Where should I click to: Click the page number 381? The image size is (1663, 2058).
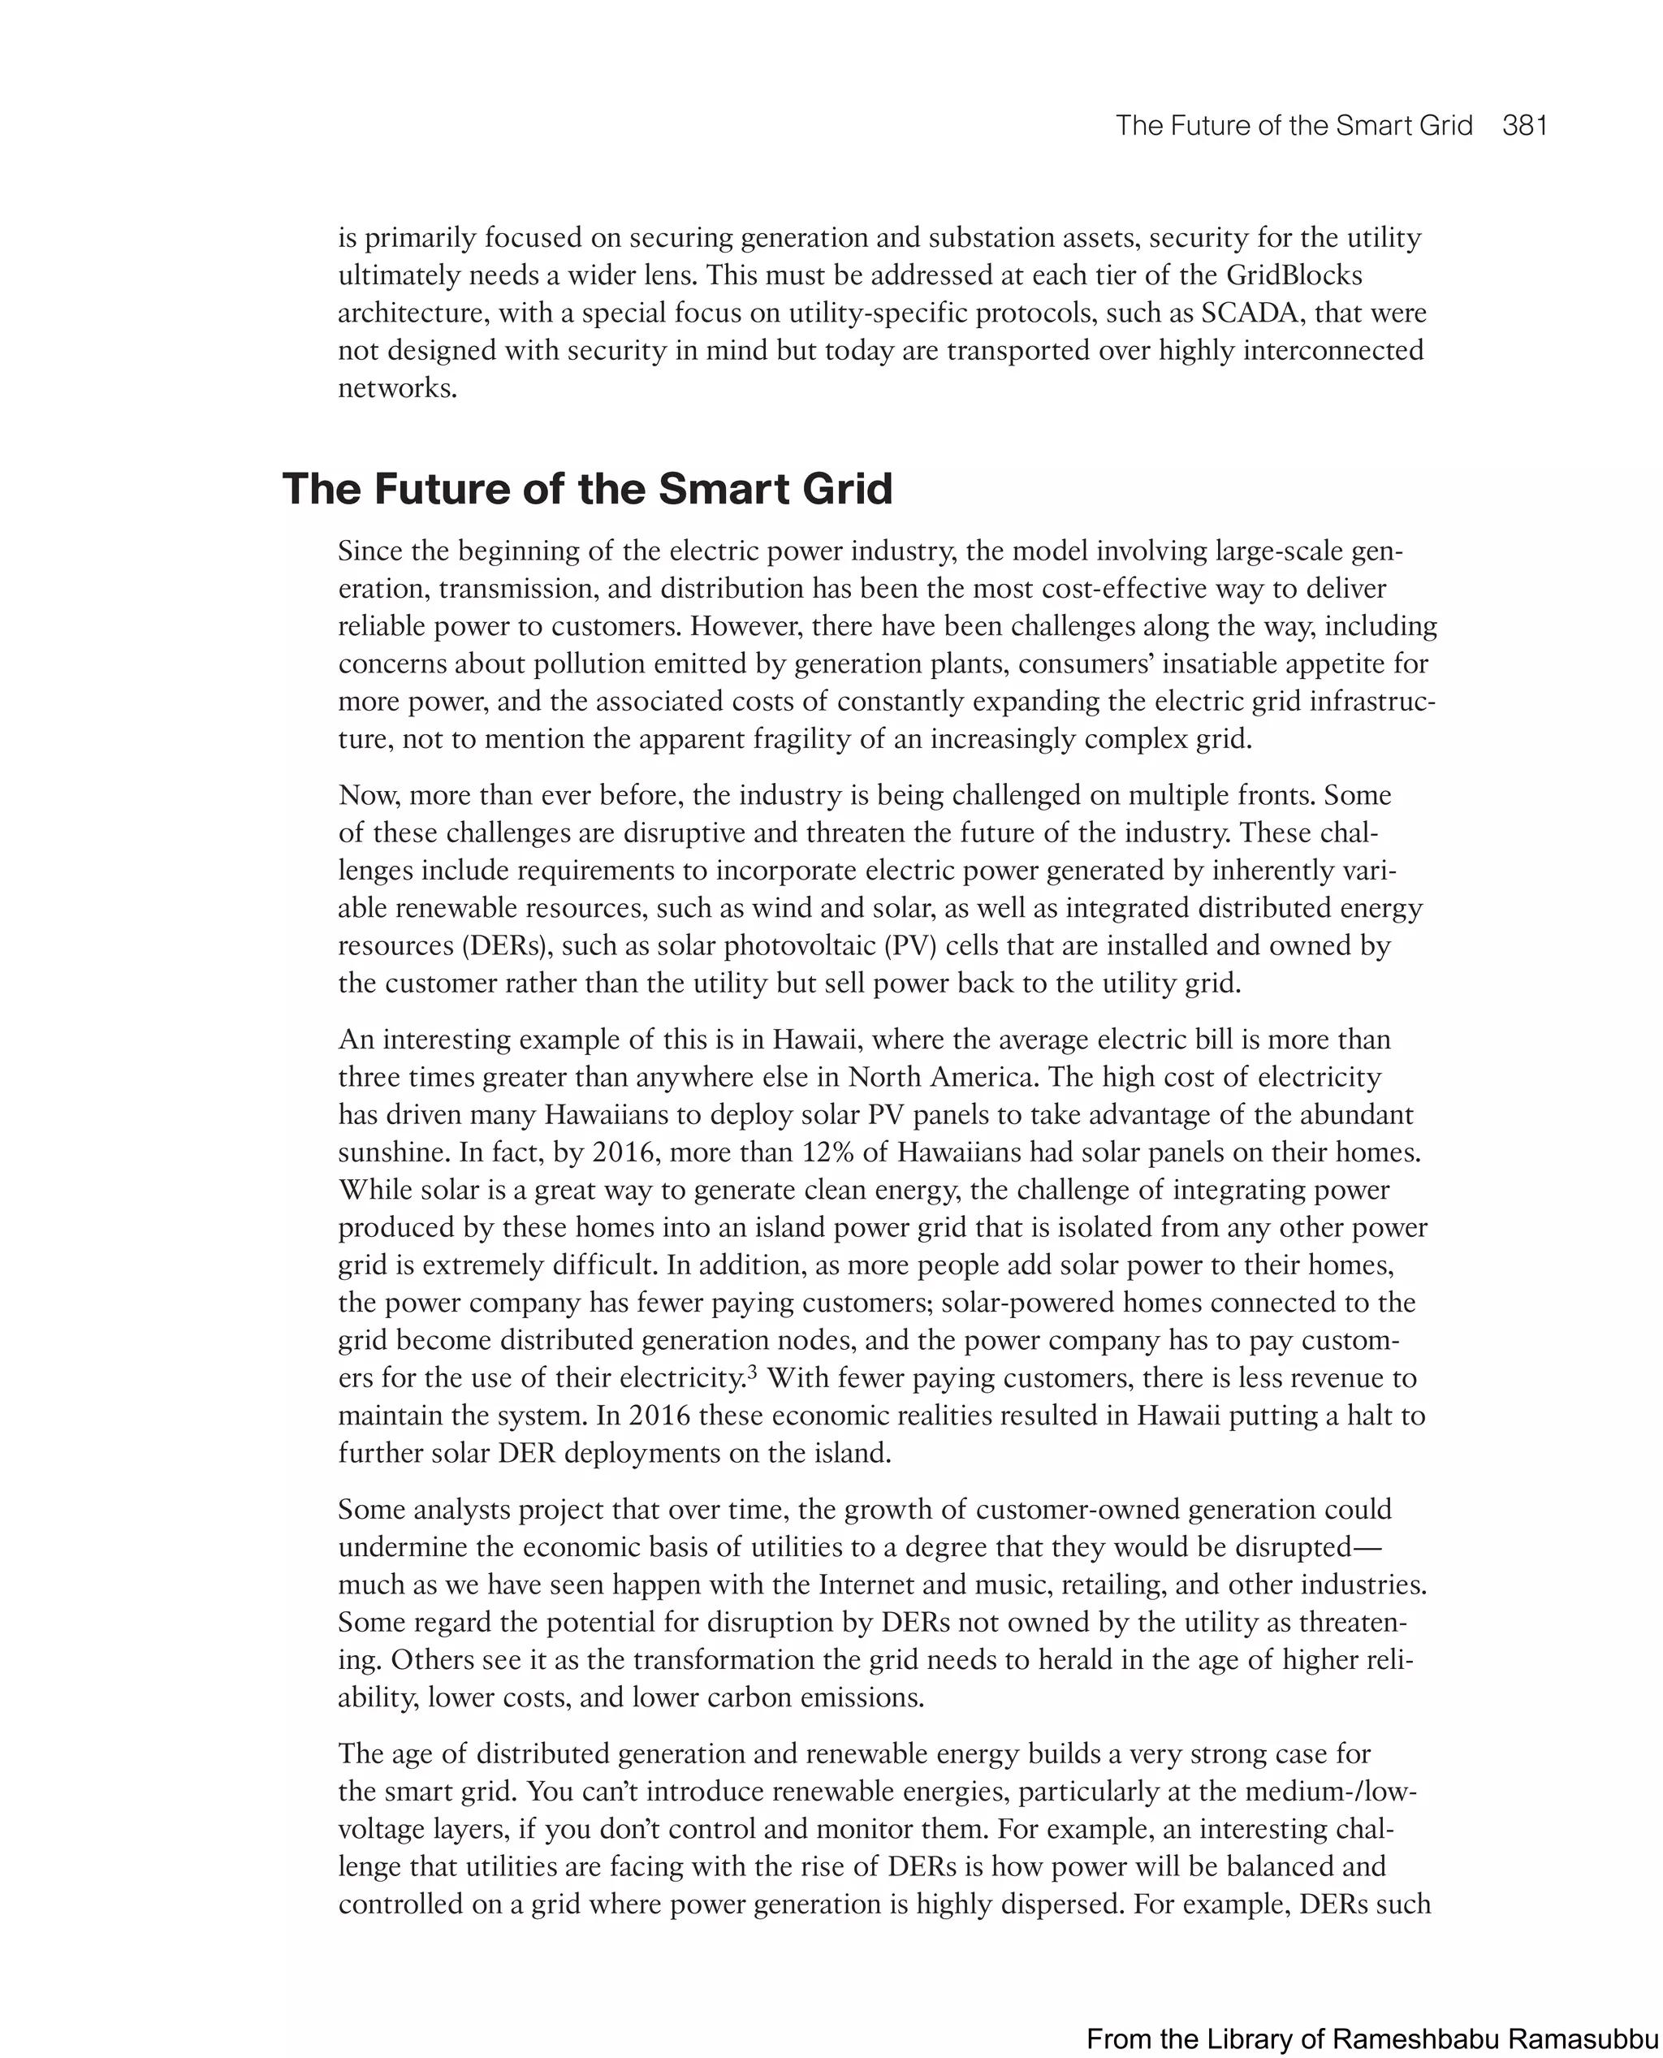1525,127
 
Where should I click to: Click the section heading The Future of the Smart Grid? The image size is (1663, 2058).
587,489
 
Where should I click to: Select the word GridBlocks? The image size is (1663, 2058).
1294,276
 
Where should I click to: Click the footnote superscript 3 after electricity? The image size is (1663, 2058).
752,1372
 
